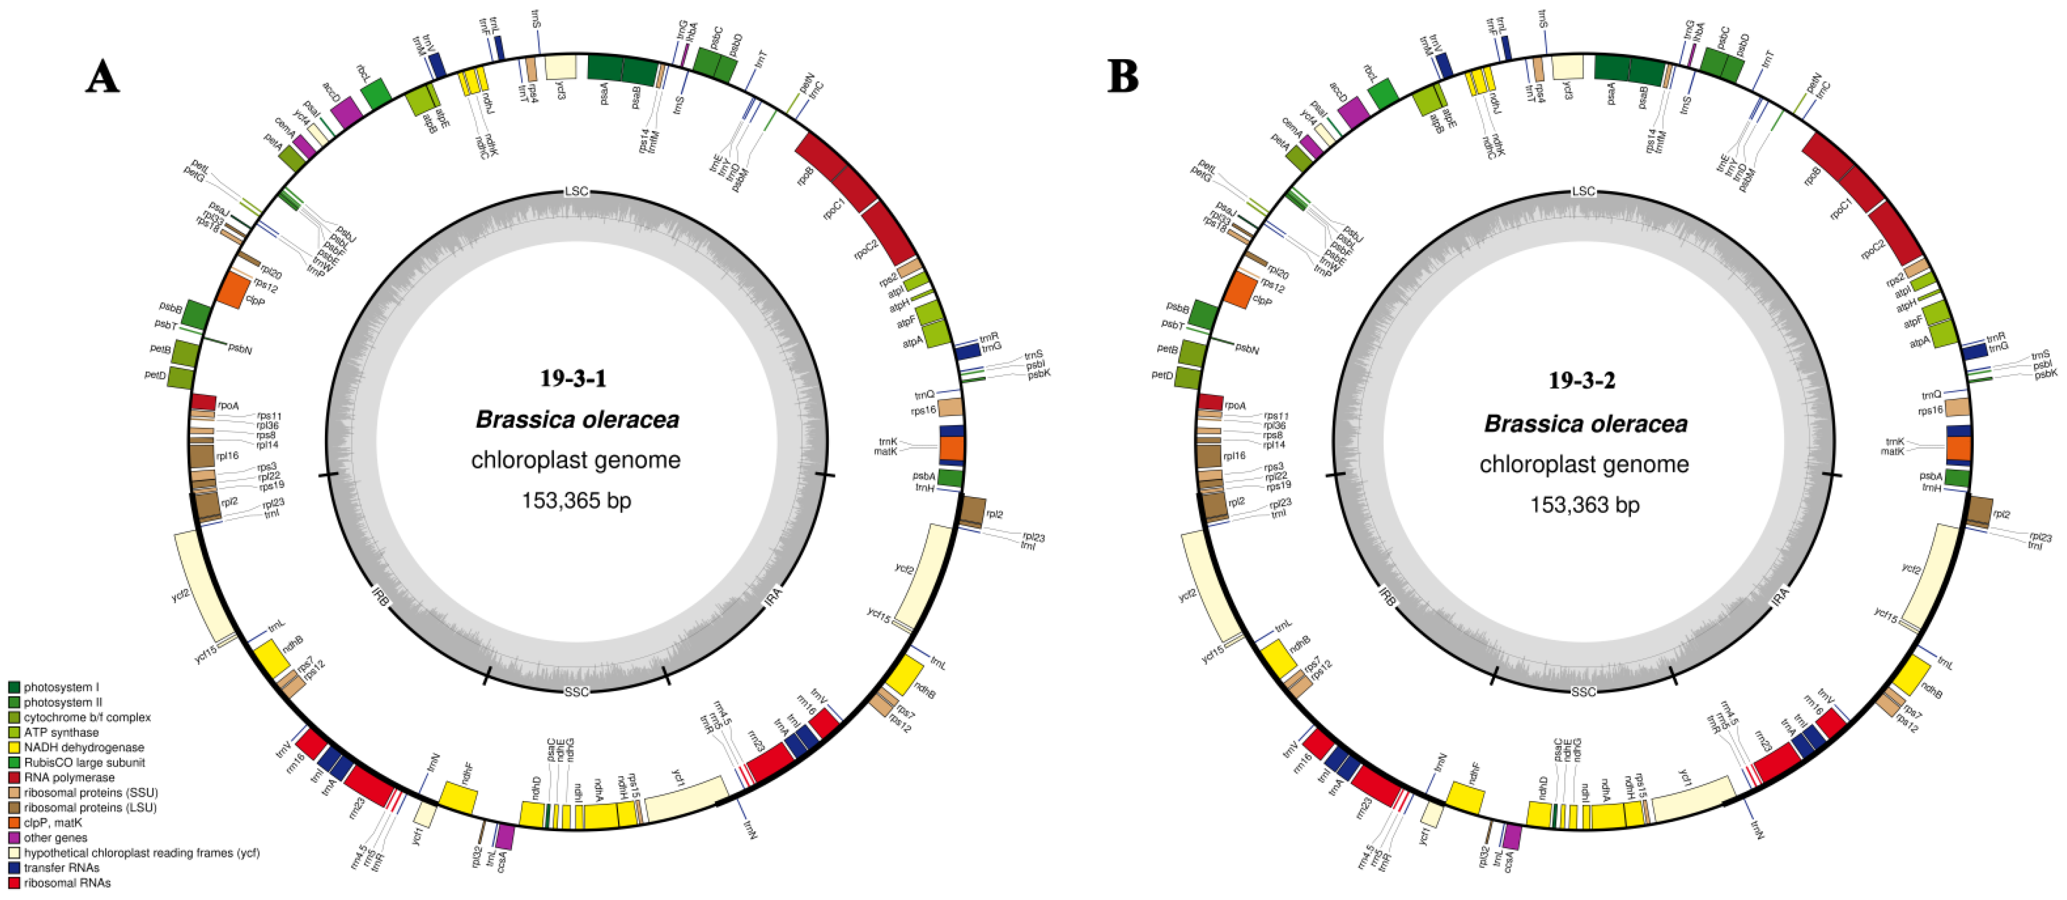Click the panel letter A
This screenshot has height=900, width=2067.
(102, 78)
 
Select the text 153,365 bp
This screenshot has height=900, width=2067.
(576, 501)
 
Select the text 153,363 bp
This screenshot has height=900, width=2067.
(1585, 504)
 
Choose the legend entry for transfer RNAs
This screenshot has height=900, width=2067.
(61, 867)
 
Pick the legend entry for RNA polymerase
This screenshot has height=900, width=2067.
(69, 777)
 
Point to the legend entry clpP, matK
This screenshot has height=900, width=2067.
(53, 822)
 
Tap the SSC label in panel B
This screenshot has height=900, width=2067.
(1583, 691)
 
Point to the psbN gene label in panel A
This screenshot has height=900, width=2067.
(240, 349)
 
